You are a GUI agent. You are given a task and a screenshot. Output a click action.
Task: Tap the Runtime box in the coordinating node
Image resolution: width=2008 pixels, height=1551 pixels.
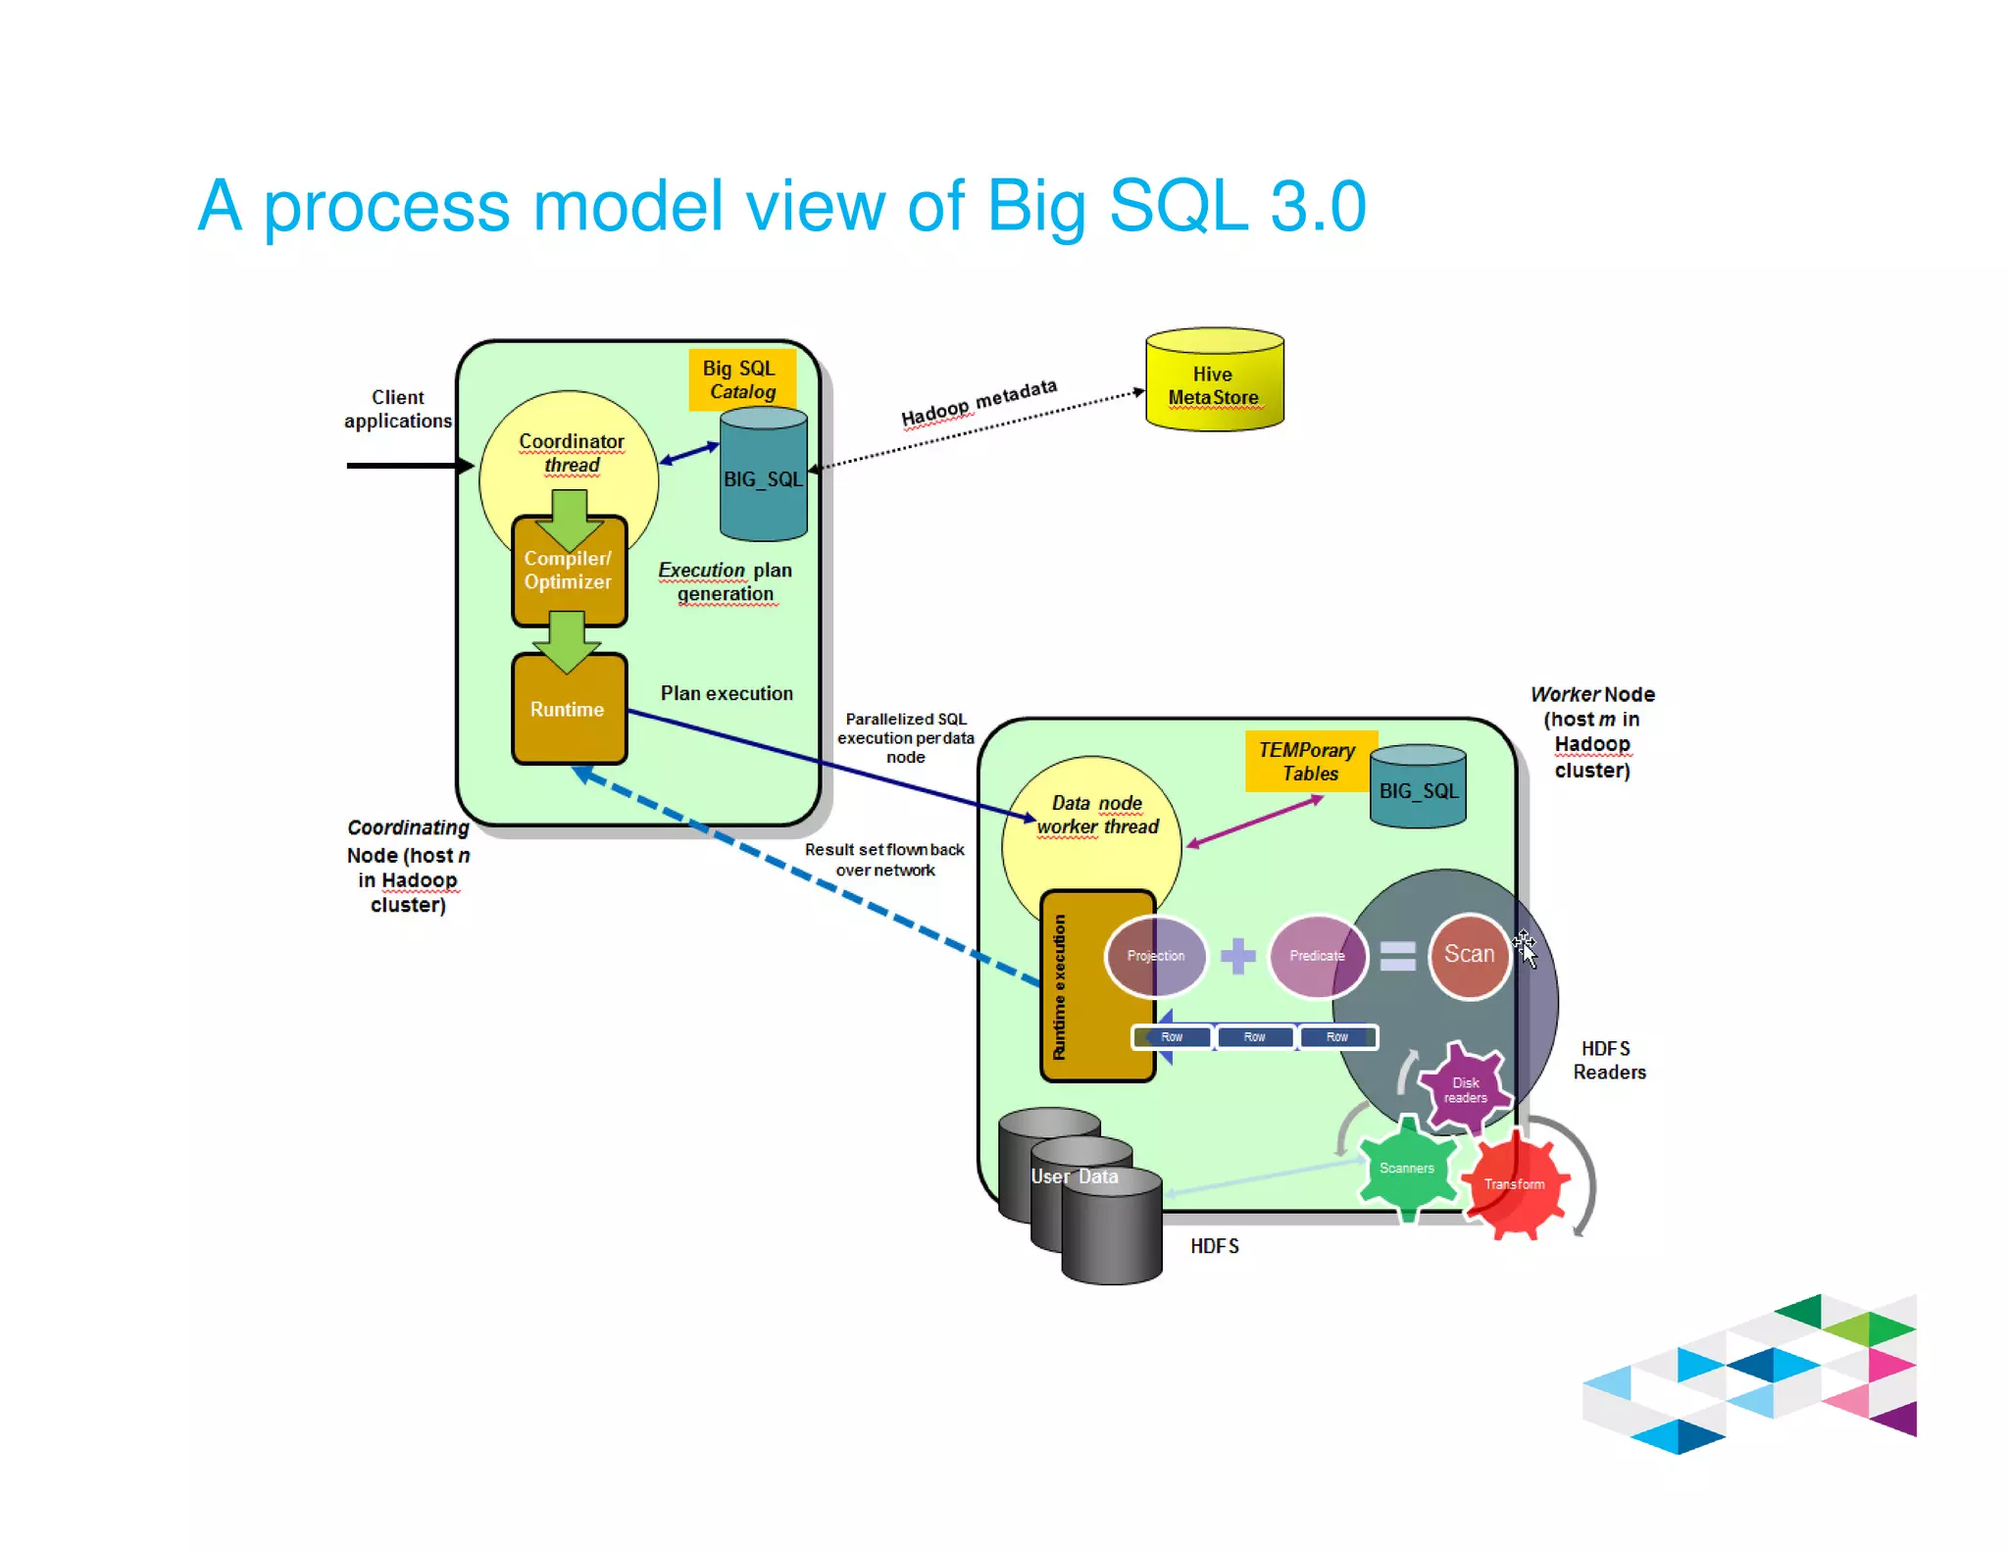(569, 710)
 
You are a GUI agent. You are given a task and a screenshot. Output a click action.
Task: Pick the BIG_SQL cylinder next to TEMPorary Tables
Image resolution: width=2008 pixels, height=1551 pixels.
(1418, 790)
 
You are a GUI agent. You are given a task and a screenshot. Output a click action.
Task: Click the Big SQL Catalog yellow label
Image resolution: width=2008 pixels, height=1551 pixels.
(740, 379)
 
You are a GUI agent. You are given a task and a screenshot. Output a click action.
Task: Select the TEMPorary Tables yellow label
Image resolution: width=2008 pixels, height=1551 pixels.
(1308, 761)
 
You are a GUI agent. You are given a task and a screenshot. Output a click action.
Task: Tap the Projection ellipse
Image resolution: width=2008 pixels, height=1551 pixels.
(1156, 956)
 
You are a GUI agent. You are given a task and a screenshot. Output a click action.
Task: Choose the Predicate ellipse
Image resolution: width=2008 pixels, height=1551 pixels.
(1316, 956)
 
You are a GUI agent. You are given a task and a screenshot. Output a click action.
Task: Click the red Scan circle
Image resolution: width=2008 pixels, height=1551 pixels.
(1469, 955)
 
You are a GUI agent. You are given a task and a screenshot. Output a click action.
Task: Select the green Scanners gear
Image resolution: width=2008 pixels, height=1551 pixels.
(1407, 1168)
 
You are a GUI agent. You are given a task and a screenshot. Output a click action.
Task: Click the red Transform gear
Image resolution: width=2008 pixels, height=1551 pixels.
(1515, 1184)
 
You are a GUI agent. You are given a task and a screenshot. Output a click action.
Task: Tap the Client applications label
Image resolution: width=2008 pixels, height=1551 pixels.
(398, 409)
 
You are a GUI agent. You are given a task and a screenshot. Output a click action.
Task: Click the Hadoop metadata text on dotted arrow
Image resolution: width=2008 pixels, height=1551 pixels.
(979, 402)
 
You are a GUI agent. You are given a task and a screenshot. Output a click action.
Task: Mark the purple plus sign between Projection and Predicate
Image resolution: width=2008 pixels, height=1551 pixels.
(1237, 956)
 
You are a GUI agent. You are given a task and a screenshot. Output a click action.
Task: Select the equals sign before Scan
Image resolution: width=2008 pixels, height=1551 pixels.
(1397, 956)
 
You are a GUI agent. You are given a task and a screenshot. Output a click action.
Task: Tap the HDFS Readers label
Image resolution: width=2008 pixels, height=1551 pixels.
(1609, 1061)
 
